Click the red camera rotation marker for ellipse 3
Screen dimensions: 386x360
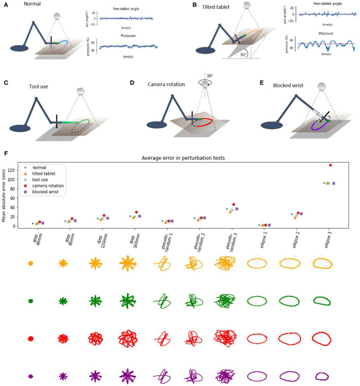click(x=331, y=165)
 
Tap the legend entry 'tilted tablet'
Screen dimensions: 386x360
click(x=43, y=173)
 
